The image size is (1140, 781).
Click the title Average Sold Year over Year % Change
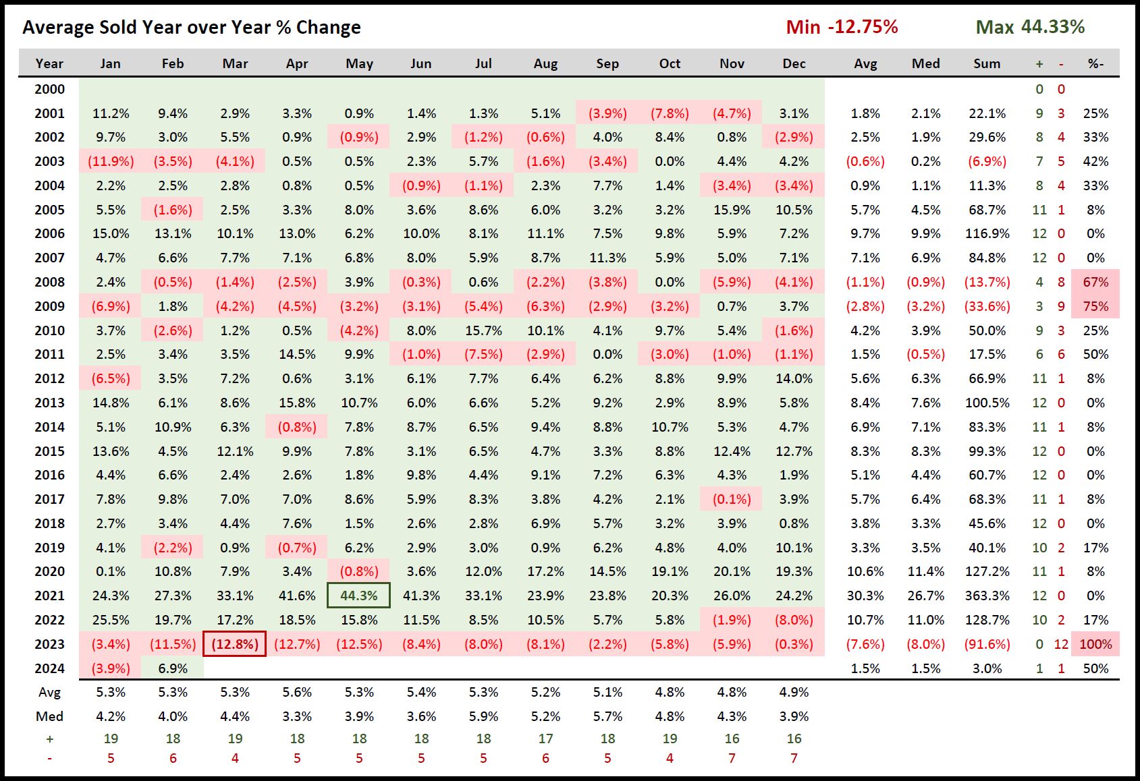192,28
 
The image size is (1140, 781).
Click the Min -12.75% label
842,27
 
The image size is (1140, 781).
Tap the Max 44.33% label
1030,27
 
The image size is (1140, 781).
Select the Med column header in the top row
925,63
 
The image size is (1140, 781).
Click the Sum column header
987,63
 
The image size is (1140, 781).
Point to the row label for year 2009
50,306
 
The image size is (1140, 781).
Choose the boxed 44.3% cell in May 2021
359,596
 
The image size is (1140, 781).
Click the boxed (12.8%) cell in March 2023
235,644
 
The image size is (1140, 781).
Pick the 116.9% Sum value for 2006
987,234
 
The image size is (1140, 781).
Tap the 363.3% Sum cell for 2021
987,596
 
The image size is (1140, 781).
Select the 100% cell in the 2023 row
1095,644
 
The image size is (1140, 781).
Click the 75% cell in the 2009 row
1095,306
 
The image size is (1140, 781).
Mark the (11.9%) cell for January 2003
111,161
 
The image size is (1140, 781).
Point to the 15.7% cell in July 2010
483,330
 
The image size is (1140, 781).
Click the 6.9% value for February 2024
173,668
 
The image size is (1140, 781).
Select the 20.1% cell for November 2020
732,571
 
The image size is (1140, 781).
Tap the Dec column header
794,63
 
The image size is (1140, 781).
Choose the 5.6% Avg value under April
297,692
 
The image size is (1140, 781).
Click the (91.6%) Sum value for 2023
987,644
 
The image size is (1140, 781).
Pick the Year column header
49,63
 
